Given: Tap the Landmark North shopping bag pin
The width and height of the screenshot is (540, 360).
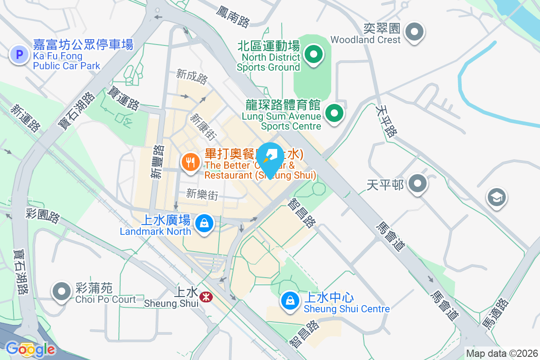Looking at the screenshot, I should point(204,223).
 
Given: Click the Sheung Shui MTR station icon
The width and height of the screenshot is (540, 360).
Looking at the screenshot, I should point(206,296).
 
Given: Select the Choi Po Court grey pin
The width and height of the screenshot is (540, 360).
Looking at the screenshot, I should point(62,292).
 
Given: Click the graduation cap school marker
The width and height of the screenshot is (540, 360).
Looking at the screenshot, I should point(496,197).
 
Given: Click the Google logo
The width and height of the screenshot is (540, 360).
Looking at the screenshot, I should point(30,349).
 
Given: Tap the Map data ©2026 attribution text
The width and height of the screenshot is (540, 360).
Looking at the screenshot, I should point(502,354).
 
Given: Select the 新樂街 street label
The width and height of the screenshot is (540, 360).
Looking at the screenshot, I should point(202,194).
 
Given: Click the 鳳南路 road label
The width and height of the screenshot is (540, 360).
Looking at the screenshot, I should point(233,17).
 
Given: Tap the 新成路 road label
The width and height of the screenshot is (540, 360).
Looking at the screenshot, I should point(192,76).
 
